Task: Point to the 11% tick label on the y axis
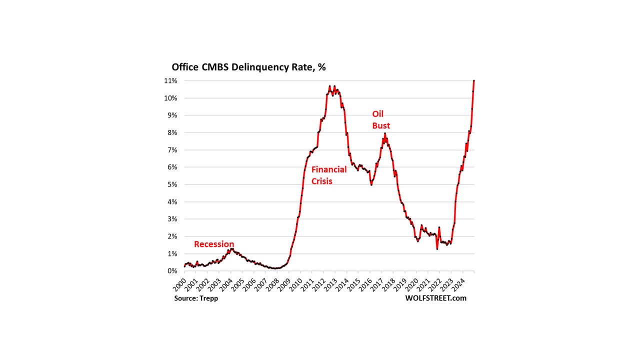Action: [170, 80]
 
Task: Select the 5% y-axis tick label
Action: [172, 184]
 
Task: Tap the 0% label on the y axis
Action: [172, 271]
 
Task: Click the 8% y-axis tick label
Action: [172, 132]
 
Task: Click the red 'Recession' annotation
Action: [214, 244]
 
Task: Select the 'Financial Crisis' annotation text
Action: [329, 175]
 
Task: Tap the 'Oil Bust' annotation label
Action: [381, 120]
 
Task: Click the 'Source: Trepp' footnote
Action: [196, 298]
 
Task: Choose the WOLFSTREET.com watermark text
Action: [436, 298]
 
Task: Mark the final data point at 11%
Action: [473, 81]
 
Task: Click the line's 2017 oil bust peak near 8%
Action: [385, 133]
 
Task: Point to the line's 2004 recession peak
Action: [231, 248]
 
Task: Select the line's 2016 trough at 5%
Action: [371, 184]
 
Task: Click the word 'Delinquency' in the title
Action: [253, 67]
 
